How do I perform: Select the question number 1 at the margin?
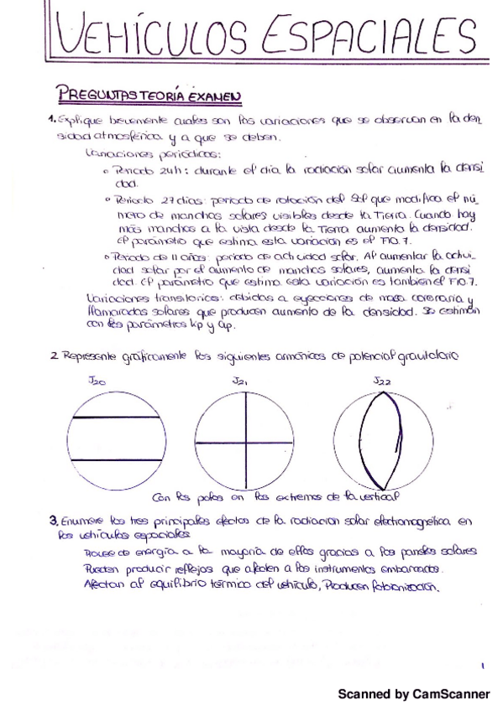click(51, 120)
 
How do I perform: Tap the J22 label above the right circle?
click(383, 382)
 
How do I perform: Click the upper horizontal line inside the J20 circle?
click(117, 417)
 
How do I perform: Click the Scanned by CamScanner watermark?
click(413, 694)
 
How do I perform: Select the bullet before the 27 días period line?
click(108, 200)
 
